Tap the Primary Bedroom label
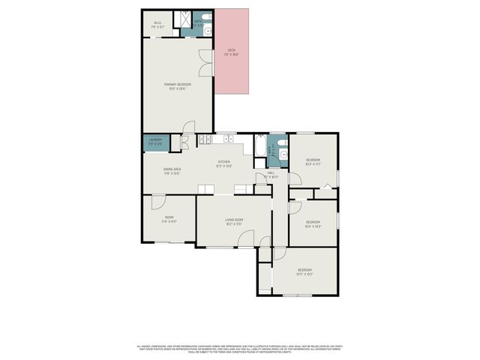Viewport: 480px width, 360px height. (178, 86)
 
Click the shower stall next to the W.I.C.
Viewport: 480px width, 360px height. (181, 21)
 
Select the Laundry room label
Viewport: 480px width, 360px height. (155, 141)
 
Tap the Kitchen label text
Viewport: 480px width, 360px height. (223, 163)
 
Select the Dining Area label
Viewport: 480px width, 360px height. (172, 170)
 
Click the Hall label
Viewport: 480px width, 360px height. (271, 175)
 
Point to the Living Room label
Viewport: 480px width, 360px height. (234, 221)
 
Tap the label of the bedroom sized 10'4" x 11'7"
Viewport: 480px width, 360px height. (313, 162)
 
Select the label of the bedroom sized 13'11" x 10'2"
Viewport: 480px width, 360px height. (304, 271)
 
